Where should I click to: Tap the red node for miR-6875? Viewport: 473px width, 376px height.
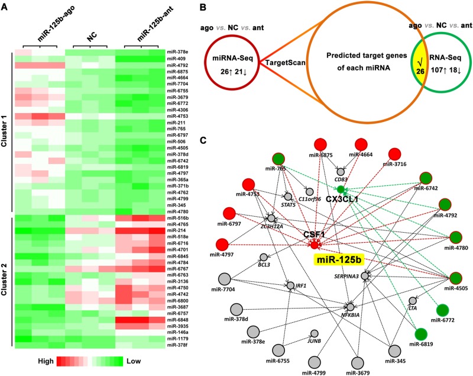click(320, 146)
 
